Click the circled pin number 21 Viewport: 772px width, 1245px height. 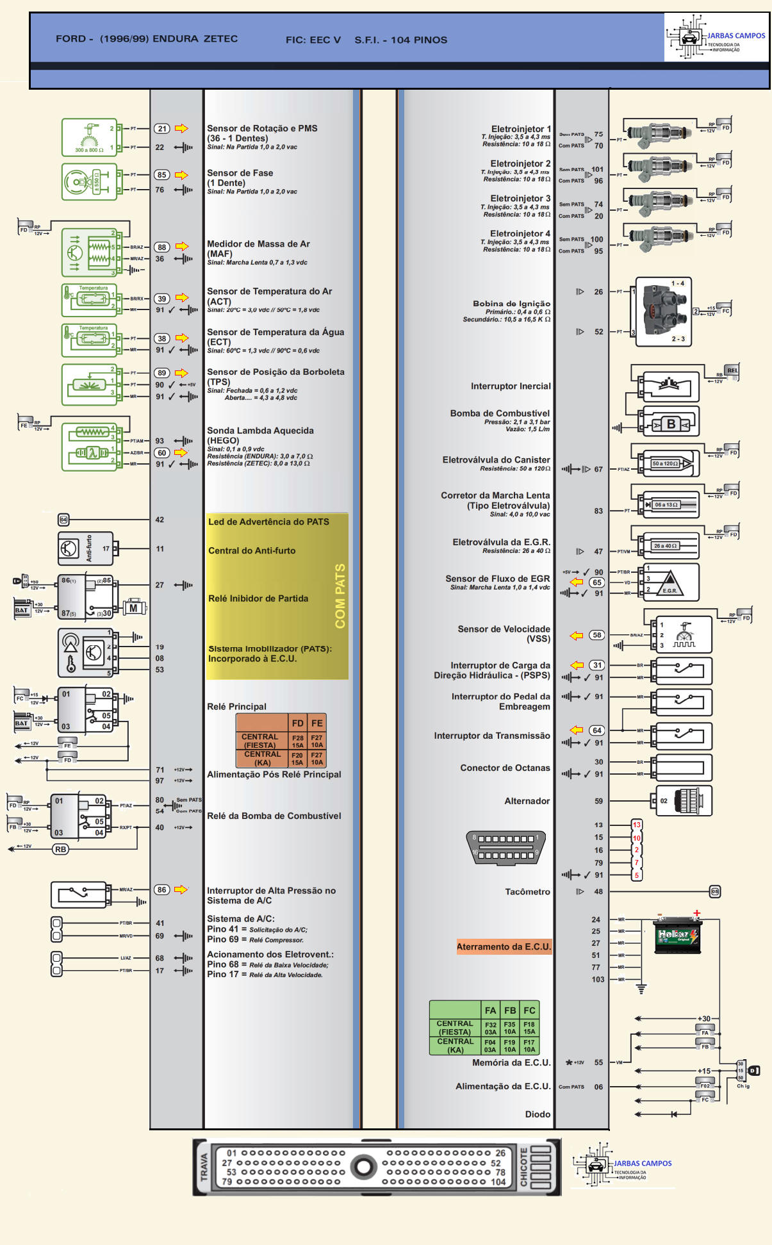(162, 129)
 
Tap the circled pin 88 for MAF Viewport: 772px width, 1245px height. (162, 247)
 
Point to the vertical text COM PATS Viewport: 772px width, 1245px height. (340, 596)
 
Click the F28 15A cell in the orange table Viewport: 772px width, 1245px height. (298, 741)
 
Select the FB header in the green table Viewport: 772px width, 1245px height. (510, 1010)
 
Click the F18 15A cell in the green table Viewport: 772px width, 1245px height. (529, 1028)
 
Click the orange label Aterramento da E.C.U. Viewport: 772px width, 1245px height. (504, 947)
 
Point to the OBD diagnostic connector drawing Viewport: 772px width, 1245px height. (506, 846)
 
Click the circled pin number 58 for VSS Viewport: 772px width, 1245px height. (597, 635)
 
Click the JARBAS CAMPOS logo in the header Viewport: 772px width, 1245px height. (716, 38)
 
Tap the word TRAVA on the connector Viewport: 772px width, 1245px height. (204, 1167)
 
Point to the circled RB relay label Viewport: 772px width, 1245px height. (60, 849)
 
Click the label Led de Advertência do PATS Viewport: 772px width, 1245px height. (268, 522)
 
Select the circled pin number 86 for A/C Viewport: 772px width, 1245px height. (162, 889)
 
